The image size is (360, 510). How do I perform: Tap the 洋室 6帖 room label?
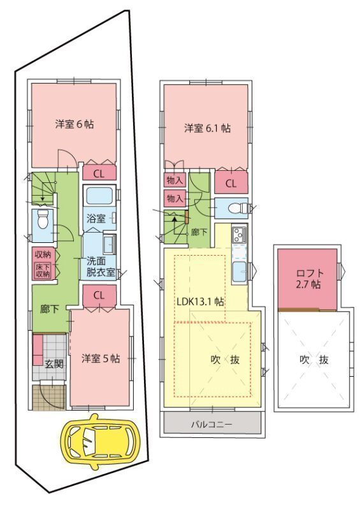pyautogui.click(x=75, y=124)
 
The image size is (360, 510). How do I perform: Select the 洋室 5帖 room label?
pyautogui.click(x=101, y=358)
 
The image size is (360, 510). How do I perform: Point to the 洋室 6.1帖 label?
pyautogui.click(x=208, y=128)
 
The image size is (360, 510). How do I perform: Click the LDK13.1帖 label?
pyautogui.click(x=200, y=302)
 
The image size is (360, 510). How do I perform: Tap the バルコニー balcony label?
pyautogui.click(x=212, y=425)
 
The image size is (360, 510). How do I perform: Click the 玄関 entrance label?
pyautogui.click(x=54, y=364)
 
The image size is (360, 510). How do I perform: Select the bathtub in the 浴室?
pyautogui.click(x=99, y=195)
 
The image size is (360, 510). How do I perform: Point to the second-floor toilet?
pyautogui.click(x=235, y=208)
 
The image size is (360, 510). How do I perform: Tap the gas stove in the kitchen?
pyautogui.click(x=240, y=234)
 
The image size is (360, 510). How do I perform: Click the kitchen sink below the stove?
pyautogui.click(x=240, y=272)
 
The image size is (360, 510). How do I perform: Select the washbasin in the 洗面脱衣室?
pyautogui.click(x=110, y=244)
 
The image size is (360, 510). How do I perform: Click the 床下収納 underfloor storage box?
pyautogui.click(x=43, y=270)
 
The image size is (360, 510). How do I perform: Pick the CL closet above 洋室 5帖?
pyautogui.click(x=99, y=296)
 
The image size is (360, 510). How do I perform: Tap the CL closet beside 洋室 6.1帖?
pyautogui.click(x=231, y=183)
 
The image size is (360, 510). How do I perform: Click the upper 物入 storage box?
pyautogui.click(x=175, y=180)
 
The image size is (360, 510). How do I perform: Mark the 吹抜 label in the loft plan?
pyautogui.click(x=314, y=360)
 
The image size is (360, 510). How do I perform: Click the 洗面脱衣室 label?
pyautogui.click(x=101, y=266)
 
